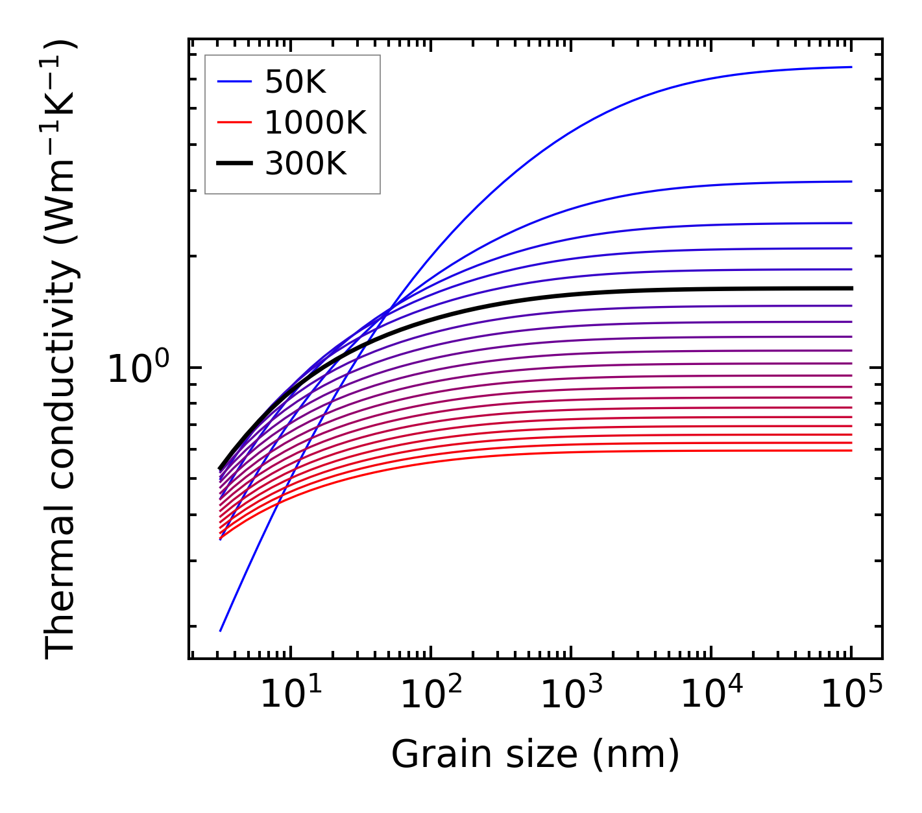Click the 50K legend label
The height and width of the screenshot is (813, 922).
pyautogui.click(x=295, y=82)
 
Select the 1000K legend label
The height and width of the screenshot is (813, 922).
pyautogui.click(x=315, y=123)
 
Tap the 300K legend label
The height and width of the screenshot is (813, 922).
pyautogui.click(x=306, y=164)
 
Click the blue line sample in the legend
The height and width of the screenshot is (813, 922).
pyautogui.click(x=234, y=82)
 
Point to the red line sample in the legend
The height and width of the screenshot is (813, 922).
pyautogui.click(x=234, y=123)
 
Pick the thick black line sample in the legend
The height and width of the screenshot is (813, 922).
pyautogui.click(x=234, y=164)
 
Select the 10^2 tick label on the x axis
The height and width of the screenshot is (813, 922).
pyautogui.click(x=430, y=694)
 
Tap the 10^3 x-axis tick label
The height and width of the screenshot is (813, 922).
pyautogui.click(x=570, y=694)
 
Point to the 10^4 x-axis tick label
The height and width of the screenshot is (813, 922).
pyautogui.click(x=711, y=694)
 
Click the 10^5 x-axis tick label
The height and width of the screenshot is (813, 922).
pyautogui.click(x=851, y=694)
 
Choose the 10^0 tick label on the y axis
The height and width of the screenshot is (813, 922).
pyautogui.click(x=138, y=368)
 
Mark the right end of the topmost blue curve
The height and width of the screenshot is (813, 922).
pyautogui.click(x=851, y=67)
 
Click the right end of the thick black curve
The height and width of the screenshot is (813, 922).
pyautogui.click(x=851, y=288)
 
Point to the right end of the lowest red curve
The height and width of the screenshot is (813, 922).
pyautogui.click(x=851, y=451)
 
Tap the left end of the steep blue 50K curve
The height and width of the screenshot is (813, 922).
pyautogui.click(x=221, y=630)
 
